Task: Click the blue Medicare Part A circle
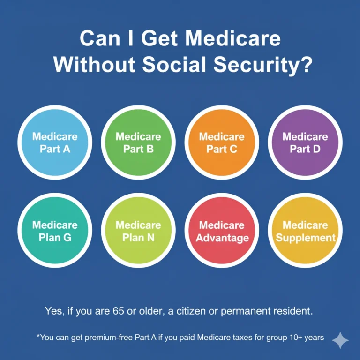[x=55, y=142]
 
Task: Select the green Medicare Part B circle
[x=138, y=142]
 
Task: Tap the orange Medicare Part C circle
[x=222, y=142]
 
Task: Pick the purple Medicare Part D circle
[x=305, y=142]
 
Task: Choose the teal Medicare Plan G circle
[x=55, y=231]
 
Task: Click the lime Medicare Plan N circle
[x=138, y=231]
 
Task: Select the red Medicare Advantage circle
[x=222, y=231]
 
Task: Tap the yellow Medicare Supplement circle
[x=305, y=231]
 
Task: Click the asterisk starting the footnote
[x=37, y=336]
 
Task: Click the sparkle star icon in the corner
[x=340, y=341]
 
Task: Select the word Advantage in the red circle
[x=222, y=238]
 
